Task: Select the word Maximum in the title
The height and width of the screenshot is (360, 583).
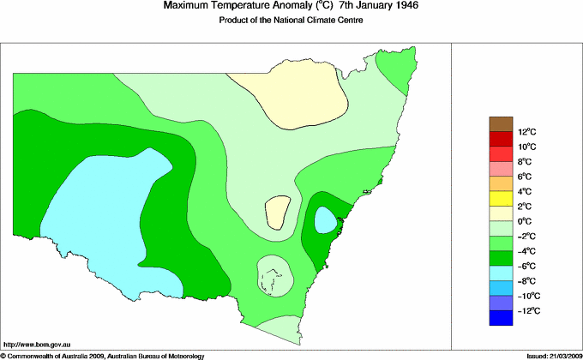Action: coord(186,6)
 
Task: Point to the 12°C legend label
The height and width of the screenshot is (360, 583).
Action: coord(526,132)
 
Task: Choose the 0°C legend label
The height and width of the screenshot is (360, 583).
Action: coord(526,221)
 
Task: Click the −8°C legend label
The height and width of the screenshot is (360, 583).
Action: coord(526,281)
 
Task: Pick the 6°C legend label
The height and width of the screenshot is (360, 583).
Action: coord(526,177)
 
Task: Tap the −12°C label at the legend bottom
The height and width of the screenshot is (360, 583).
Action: coord(526,310)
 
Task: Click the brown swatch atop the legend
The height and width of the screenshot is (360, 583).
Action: coord(501,123)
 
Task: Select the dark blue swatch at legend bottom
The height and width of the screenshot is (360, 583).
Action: coord(501,318)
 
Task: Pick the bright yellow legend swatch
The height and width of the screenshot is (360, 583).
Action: coord(501,199)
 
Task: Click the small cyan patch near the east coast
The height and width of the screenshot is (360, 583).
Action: coord(325,220)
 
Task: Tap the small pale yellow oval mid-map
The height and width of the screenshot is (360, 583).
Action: coord(277,212)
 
